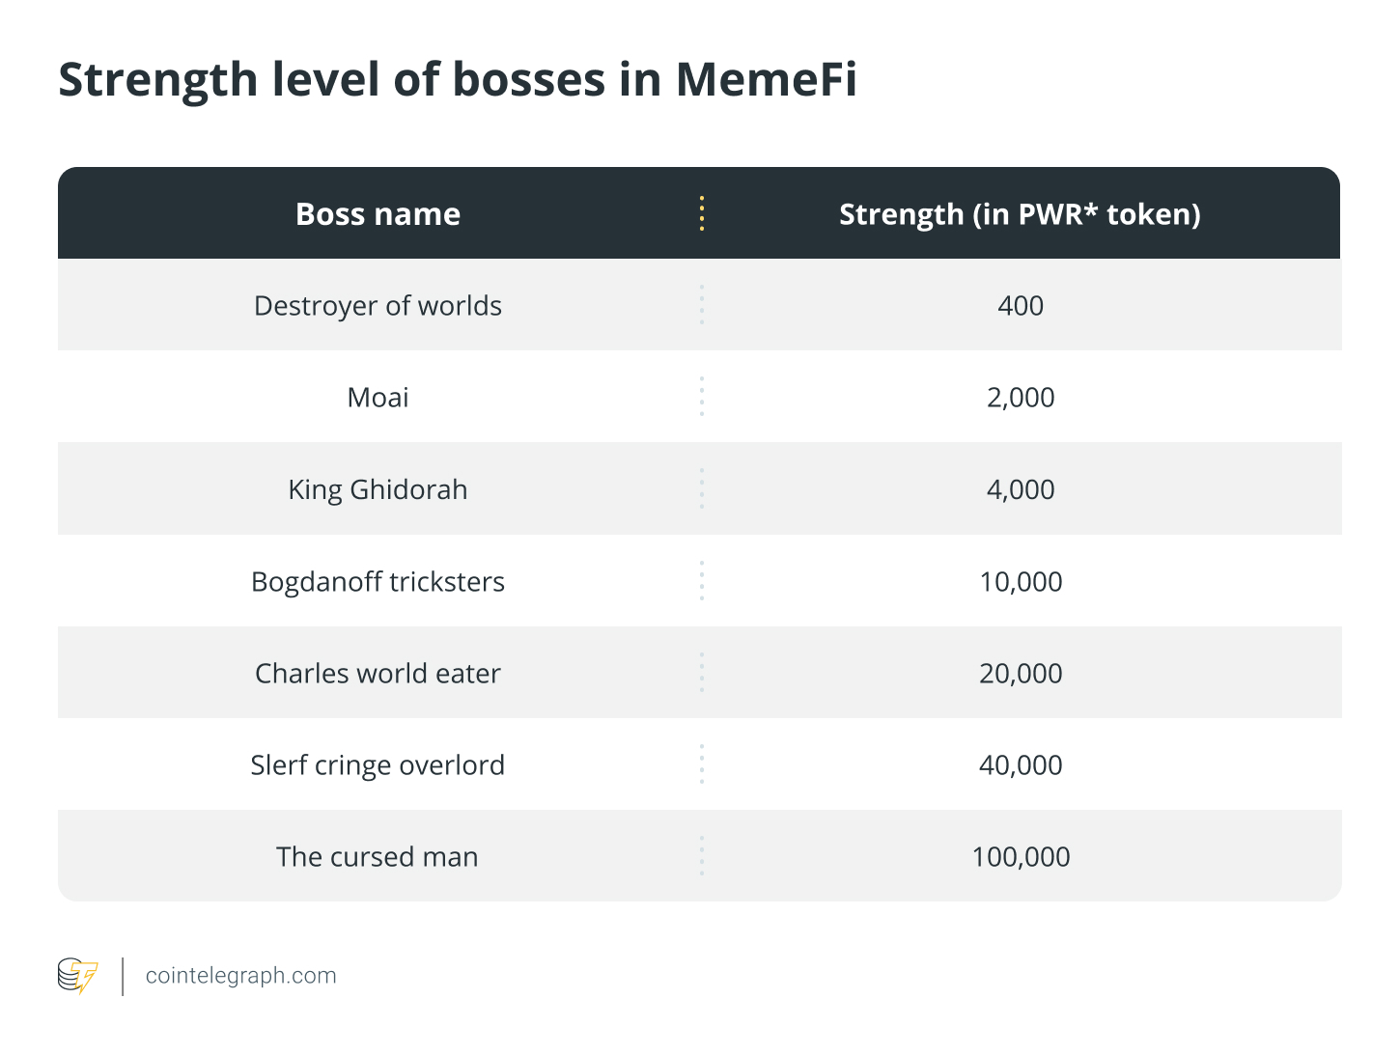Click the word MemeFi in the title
(766, 80)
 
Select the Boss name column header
(378, 214)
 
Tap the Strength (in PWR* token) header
(1020, 215)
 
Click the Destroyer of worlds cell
(378, 306)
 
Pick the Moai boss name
(378, 398)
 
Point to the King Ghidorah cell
(378, 490)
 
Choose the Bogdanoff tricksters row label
(378, 581)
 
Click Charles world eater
(378, 674)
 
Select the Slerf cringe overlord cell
(378, 765)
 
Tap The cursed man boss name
(377, 857)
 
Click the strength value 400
(1021, 306)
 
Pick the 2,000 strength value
(1021, 398)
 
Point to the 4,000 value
(1021, 489)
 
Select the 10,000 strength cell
(1021, 581)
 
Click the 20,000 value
(1021, 674)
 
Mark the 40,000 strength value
(1021, 765)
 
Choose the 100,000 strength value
(1021, 857)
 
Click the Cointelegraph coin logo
(78, 976)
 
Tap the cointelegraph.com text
(241, 976)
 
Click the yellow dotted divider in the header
(702, 213)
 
